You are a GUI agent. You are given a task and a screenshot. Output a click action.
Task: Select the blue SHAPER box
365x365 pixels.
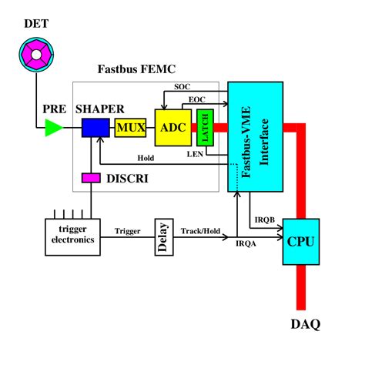96,127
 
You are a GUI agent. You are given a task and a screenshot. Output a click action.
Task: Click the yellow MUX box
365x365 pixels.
129,127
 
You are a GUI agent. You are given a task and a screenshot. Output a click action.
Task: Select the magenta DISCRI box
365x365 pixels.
92,179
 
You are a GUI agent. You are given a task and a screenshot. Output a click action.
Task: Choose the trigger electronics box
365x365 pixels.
70,234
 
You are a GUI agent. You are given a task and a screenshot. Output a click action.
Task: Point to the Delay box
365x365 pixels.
162,235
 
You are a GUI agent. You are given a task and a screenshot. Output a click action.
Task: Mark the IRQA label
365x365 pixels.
246,243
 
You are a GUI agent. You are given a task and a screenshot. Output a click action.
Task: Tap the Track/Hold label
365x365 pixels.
199,229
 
